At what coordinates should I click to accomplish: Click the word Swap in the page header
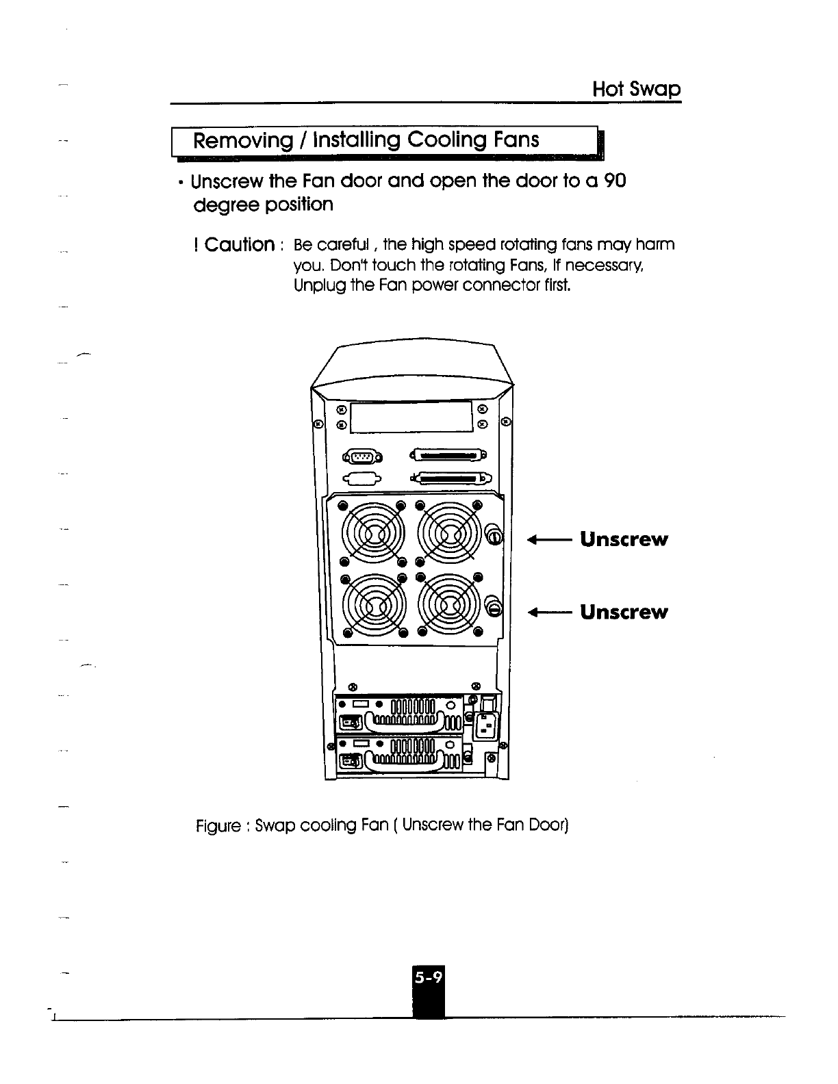[x=657, y=90]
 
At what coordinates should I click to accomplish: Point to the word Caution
[x=240, y=244]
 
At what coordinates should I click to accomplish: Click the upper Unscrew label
[x=624, y=539]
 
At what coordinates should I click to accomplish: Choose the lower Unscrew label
[x=624, y=612]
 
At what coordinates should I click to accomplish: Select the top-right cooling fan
[x=448, y=533]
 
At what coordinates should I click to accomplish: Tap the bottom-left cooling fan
[x=374, y=605]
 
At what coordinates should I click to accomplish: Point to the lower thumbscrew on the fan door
[x=494, y=606]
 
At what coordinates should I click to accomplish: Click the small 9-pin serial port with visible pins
[x=361, y=456]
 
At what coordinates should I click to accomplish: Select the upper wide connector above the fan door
[x=448, y=454]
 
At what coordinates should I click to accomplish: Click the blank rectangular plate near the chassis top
[x=411, y=417]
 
